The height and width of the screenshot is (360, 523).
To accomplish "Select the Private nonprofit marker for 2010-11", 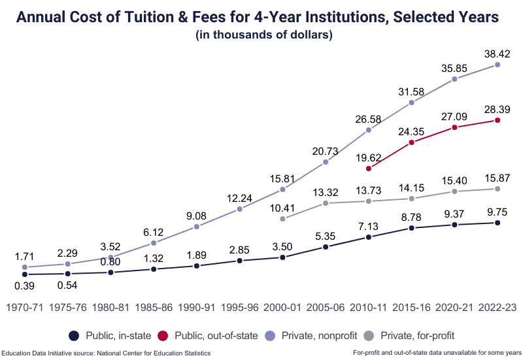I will click(369, 130).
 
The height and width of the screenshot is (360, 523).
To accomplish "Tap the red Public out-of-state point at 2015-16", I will click(412, 142).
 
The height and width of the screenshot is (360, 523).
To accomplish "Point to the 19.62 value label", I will click(369, 157).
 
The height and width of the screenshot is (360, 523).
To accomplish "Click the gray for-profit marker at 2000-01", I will click(282, 219).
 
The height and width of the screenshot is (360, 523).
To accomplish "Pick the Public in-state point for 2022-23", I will click(498, 223).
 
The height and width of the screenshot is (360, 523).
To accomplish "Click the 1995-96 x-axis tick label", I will click(240, 307).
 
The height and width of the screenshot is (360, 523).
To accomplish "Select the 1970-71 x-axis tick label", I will click(25, 307).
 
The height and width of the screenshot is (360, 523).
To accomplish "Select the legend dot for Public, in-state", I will click(74, 336).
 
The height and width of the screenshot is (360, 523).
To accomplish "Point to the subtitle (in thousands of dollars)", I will click(264, 35).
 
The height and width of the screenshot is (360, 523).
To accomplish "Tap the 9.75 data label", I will click(498, 212).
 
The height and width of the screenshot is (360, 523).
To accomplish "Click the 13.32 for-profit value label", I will click(326, 191).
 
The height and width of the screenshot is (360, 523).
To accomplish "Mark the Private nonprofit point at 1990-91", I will click(197, 227).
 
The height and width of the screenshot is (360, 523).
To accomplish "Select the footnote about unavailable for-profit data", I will click(436, 353).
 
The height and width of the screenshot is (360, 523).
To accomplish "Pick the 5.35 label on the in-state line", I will click(326, 235).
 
